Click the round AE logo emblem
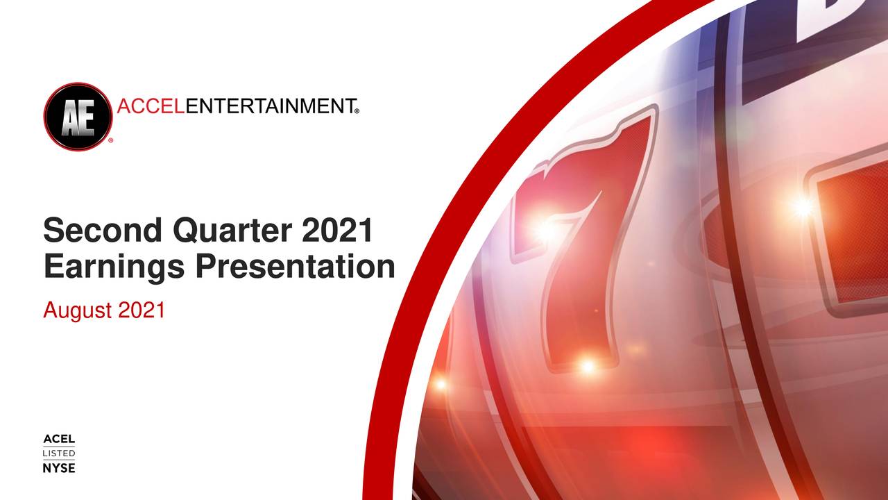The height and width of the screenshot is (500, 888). tap(78, 116)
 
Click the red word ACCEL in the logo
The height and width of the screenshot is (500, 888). tap(152, 106)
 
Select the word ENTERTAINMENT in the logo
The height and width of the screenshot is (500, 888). tap(271, 106)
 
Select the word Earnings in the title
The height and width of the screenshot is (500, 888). tap(113, 267)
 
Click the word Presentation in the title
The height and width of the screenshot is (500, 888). tap(294, 267)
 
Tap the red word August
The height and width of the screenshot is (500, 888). tap(78, 310)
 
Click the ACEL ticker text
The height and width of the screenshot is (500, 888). tap(59, 440)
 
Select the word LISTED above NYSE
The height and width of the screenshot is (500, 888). tap(59, 453)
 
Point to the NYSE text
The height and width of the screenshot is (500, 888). tap(59, 468)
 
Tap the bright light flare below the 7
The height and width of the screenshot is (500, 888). tap(588, 366)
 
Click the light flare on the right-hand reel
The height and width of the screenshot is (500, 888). tap(803, 206)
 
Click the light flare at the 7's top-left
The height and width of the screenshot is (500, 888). tap(545, 229)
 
